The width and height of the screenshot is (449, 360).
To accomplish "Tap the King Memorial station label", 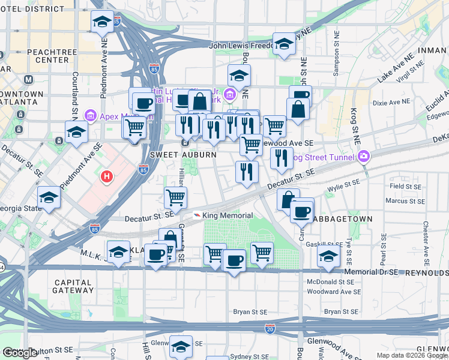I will coord(228,215).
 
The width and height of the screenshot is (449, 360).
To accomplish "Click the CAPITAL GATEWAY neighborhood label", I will coord(73,286).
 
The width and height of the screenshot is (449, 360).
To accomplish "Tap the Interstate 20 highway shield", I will coord(269,328).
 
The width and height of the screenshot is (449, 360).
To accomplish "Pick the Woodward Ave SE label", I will coord(333,292).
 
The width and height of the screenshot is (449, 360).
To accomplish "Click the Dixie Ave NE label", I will coord(391,103).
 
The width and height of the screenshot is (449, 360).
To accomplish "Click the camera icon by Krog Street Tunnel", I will coord(364,157).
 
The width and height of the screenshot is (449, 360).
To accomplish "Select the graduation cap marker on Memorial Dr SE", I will coord(328,256).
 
